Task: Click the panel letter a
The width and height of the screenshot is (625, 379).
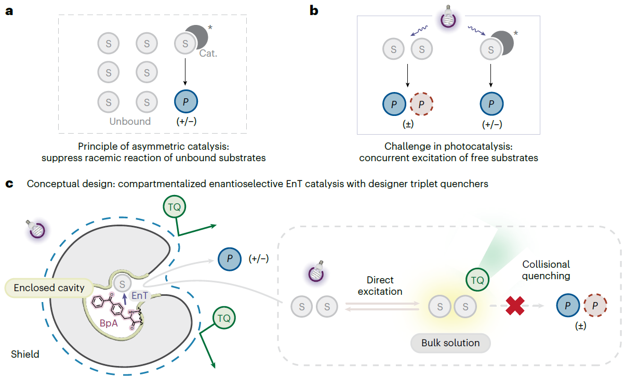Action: coord(9,10)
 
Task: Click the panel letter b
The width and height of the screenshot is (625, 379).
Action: coord(313,10)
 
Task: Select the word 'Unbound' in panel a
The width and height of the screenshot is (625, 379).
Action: coord(130,121)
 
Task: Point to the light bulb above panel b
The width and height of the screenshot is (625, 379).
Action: coord(448,17)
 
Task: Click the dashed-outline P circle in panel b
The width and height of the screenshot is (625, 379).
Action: coord(422,103)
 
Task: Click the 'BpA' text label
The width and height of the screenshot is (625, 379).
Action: coord(109,322)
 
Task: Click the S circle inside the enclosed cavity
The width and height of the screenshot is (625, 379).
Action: coord(123,284)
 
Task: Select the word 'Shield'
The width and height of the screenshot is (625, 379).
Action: coord(25,355)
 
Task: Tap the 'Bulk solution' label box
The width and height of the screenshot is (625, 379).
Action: coord(450,343)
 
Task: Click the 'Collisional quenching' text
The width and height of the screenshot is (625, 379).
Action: coord(546,270)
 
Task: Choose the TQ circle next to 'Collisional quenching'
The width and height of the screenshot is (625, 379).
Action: coord(477,280)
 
